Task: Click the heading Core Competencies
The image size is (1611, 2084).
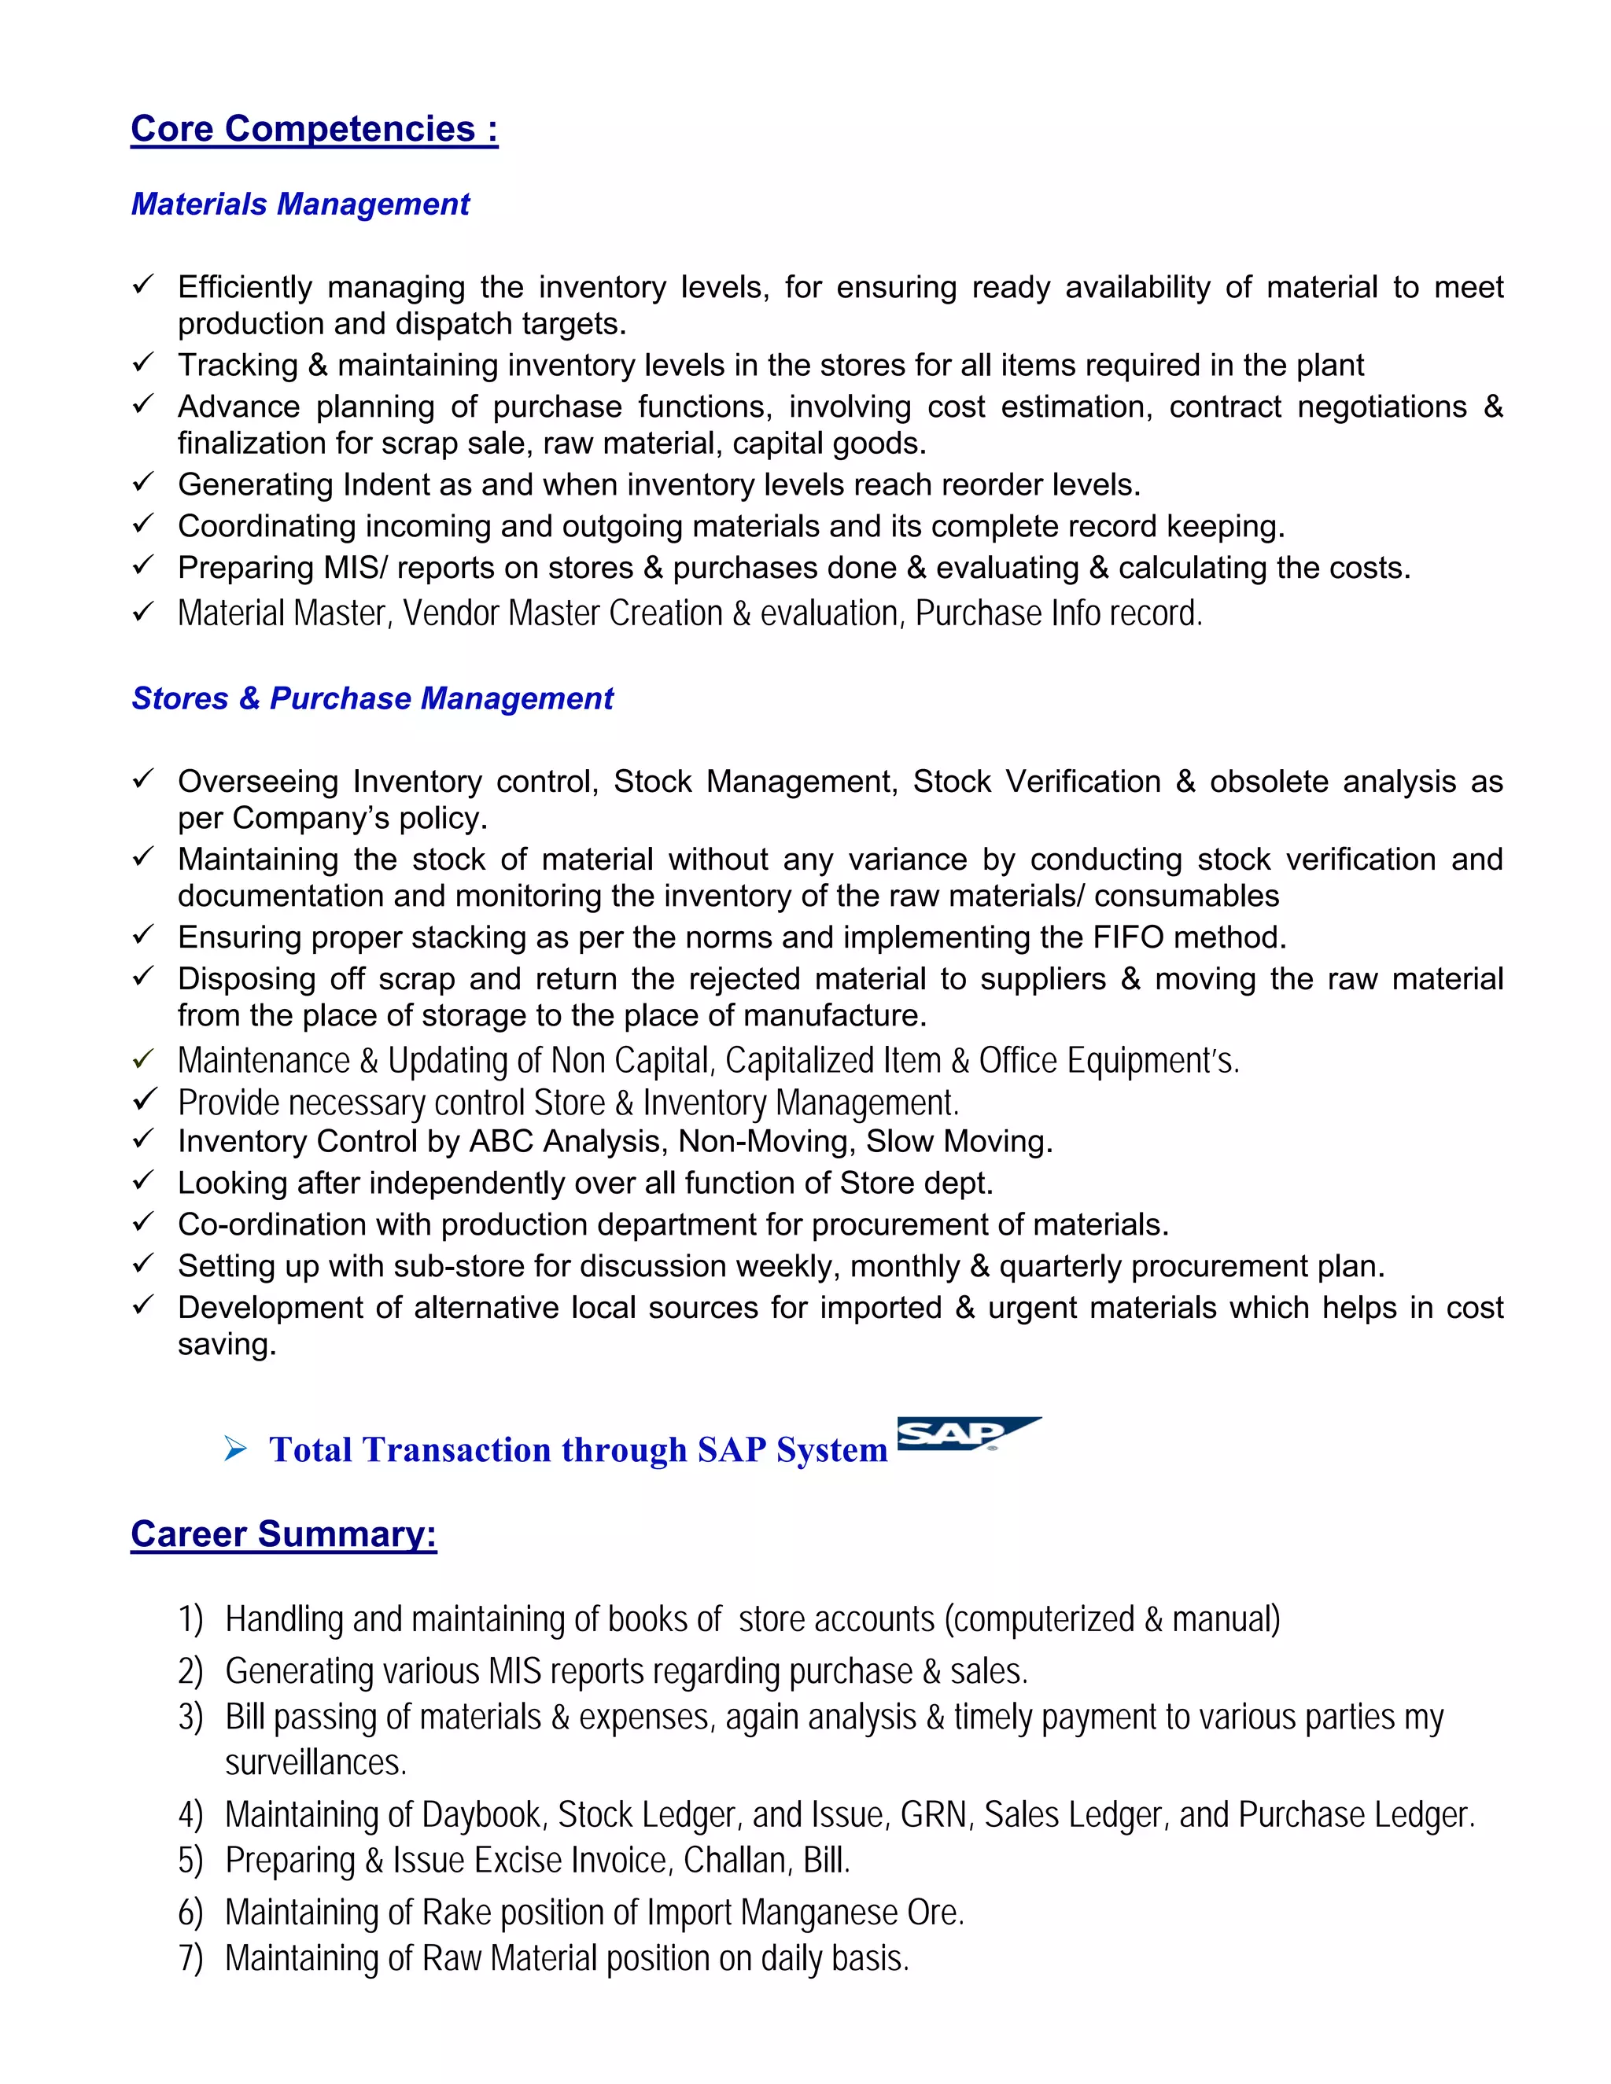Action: click(314, 129)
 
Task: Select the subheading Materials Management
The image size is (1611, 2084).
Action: click(300, 204)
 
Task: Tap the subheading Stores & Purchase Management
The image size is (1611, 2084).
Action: click(372, 698)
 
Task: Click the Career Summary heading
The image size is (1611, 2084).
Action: click(283, 1534)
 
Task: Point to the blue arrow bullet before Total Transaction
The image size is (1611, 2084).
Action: click(234, 1450)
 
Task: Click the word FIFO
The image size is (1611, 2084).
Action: click(1128, 938)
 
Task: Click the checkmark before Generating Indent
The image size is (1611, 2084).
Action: click(143, 483)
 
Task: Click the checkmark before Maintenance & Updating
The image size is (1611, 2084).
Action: click(143, 1059)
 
